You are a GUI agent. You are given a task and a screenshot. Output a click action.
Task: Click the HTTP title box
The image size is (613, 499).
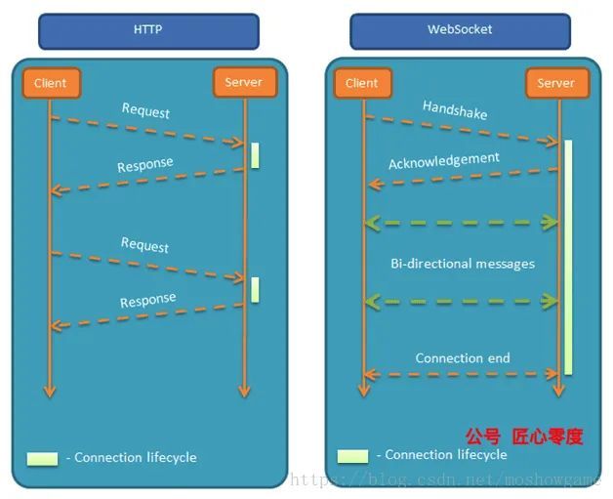pos(148,30)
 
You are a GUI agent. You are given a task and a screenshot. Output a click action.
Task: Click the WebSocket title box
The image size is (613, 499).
pos(460,30)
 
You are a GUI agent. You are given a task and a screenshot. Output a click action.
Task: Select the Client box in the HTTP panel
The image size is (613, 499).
pos(50,83)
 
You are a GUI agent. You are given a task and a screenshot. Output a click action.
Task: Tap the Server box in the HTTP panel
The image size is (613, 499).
pos(243,82)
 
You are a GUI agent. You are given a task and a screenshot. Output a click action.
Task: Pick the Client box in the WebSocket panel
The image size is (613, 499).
pos(361,83)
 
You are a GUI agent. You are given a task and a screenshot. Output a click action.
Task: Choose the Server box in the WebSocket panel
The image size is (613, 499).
pos(555,83)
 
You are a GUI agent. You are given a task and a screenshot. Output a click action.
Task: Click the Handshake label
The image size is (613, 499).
pos(455,109)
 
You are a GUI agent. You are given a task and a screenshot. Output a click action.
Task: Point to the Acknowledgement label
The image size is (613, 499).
pos(443,160)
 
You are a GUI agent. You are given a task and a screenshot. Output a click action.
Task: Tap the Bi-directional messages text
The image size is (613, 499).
pos(463,264)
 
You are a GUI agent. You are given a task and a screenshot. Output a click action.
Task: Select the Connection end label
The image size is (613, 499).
pos(463,358)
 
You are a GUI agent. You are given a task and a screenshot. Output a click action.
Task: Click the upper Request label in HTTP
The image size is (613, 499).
pos(145,110)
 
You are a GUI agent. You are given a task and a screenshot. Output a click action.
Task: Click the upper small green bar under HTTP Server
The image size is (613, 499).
pos(255,155)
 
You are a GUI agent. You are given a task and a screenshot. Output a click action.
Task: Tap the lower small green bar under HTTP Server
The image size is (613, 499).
pos(255,289)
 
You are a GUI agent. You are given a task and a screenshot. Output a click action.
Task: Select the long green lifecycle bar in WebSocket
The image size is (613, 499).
pos(567,256)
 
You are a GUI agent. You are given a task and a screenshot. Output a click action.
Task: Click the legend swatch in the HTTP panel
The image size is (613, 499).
pos(43,458)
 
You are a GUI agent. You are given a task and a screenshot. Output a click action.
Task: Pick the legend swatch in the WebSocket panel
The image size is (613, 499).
pos(352,455)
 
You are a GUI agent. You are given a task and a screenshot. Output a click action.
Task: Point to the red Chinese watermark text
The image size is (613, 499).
pos(523,437)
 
